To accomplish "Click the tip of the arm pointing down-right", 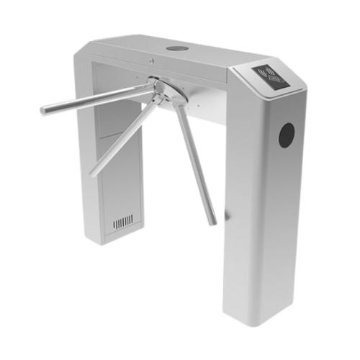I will pos(213,222).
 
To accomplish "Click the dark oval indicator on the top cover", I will pos(175,49).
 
